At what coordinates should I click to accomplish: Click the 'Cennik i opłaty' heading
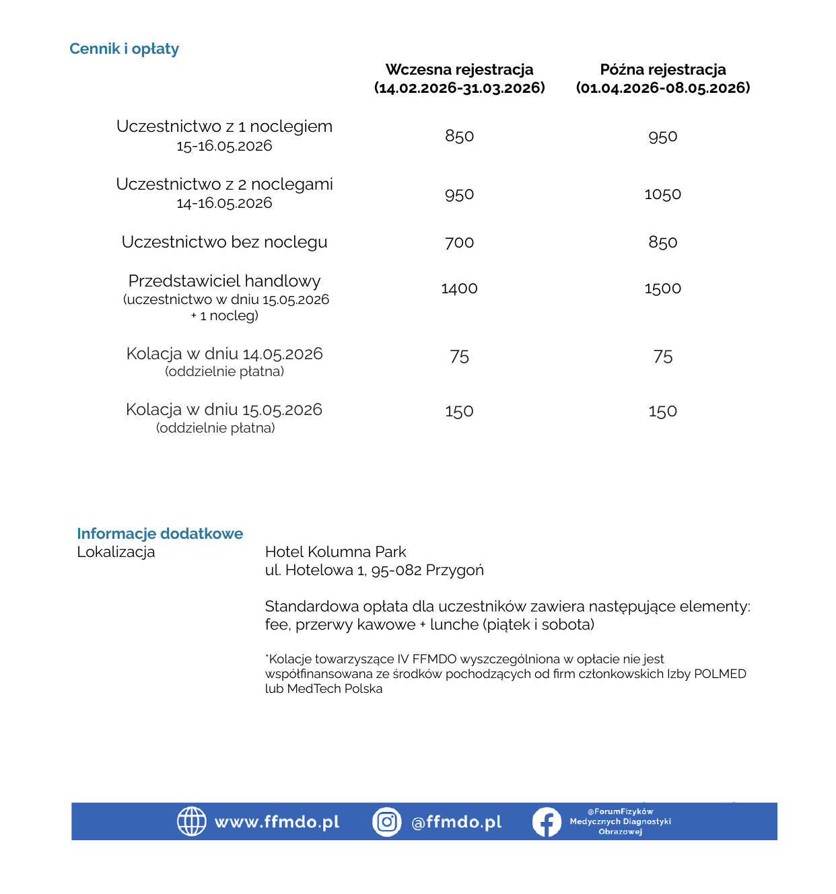[124, 48]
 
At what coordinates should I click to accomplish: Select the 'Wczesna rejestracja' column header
[459, 70]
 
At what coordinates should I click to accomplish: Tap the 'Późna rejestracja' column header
[662, 70]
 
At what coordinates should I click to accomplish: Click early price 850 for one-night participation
[459, 137]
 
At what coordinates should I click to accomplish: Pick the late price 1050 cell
[662, 194]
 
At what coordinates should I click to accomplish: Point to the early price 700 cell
[459, 243]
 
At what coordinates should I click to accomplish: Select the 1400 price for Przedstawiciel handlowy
[459, 289]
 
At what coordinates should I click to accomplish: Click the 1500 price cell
[662, 289]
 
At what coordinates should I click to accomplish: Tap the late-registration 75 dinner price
[662, 357]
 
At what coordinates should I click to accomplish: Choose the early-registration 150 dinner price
[459, 411]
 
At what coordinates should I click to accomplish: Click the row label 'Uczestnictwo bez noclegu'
[224, 242]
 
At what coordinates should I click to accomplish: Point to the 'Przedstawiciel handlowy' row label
[224, 281]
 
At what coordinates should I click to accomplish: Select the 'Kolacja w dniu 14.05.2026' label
[224, 354]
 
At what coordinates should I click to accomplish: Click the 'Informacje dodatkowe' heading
[160, 533]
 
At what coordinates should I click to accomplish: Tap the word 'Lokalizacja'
[116, 552]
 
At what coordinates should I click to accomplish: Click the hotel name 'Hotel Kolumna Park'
[335, 552]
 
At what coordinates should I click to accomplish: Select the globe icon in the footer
[191, 821]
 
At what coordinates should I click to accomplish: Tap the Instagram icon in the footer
[387, 821]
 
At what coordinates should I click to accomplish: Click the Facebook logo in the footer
[547, 821]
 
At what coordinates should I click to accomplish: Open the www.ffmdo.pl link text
[277, 822]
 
